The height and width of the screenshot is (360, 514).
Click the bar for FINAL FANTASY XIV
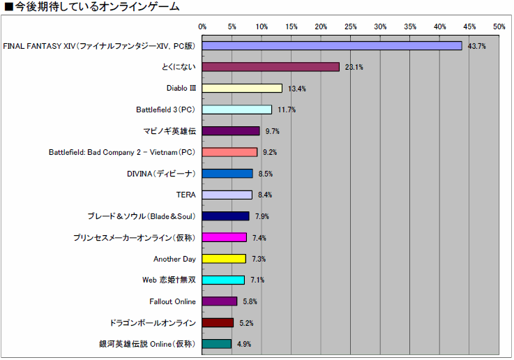(332, 45)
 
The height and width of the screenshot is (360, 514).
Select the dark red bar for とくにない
(271, 67)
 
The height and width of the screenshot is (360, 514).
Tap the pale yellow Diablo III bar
(242, 89)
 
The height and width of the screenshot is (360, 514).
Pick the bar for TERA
(227, 195)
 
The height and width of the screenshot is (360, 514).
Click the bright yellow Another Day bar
(224, 259)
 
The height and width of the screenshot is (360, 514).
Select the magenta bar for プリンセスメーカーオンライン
(225, 237)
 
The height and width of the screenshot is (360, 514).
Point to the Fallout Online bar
(220, 301)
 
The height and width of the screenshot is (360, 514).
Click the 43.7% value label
(476, 46)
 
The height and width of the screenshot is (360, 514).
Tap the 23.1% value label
(354, 67)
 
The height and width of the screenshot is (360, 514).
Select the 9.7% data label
(272, 131)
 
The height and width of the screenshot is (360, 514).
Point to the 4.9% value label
(243, 344)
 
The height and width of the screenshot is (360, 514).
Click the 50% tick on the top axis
(499, 27)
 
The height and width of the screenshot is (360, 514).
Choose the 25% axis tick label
(351, 27)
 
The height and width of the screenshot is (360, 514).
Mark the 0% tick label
(203, 27)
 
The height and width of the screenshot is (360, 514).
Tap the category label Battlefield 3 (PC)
(165, 110)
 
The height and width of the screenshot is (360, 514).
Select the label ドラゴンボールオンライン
(153, 323)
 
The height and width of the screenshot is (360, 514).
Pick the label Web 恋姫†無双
(168, 280)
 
